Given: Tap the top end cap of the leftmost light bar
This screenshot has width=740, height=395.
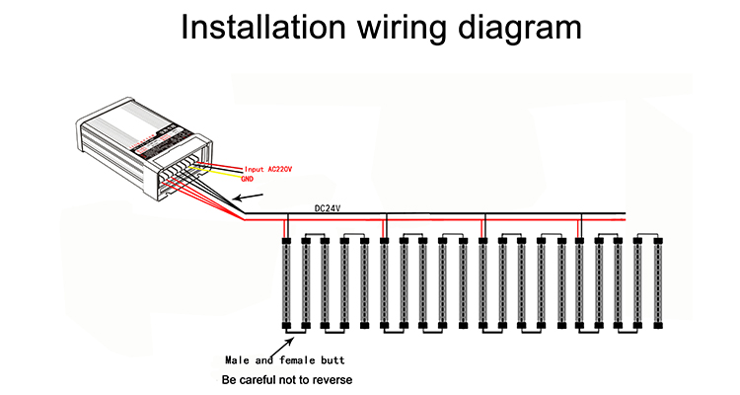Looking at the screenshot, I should click(286, 239).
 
